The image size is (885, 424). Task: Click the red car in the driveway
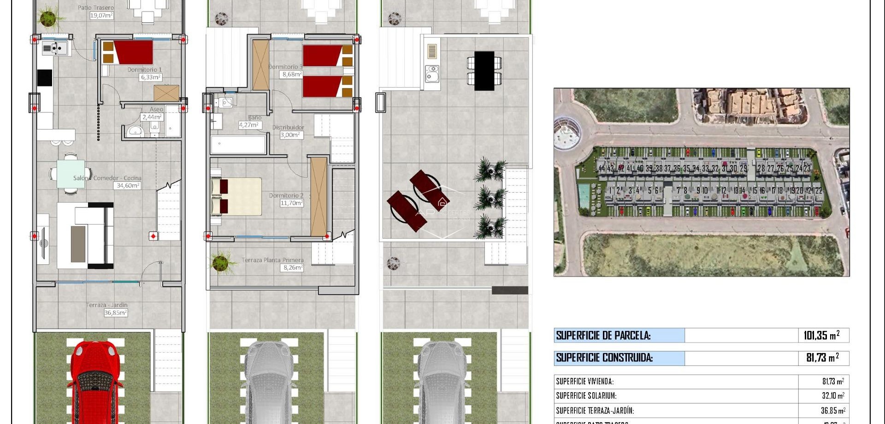click(96, 383)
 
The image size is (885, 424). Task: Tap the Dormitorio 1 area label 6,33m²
click(151, 77)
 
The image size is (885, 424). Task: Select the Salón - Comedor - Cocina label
click(107, 178)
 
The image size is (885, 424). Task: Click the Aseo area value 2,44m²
click(152, 117)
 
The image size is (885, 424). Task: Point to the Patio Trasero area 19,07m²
click(101, 15)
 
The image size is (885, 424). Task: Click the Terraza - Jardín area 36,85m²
click(115, 312)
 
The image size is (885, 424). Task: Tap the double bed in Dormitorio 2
click(236, 196)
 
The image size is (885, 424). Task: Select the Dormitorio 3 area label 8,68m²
click(292, 74)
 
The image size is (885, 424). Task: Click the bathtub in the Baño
click(238, 144)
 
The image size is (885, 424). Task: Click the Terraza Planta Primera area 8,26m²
click(293, 267)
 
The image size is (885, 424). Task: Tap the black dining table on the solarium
click(484, 71)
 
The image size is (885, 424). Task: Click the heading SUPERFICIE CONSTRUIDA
click(604, 358)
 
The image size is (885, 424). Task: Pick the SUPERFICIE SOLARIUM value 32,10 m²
click(832, 396)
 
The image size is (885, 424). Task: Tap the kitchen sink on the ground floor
click(55, 47)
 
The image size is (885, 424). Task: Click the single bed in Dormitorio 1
click(132, 52)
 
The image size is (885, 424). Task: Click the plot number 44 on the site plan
click(602, 169)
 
